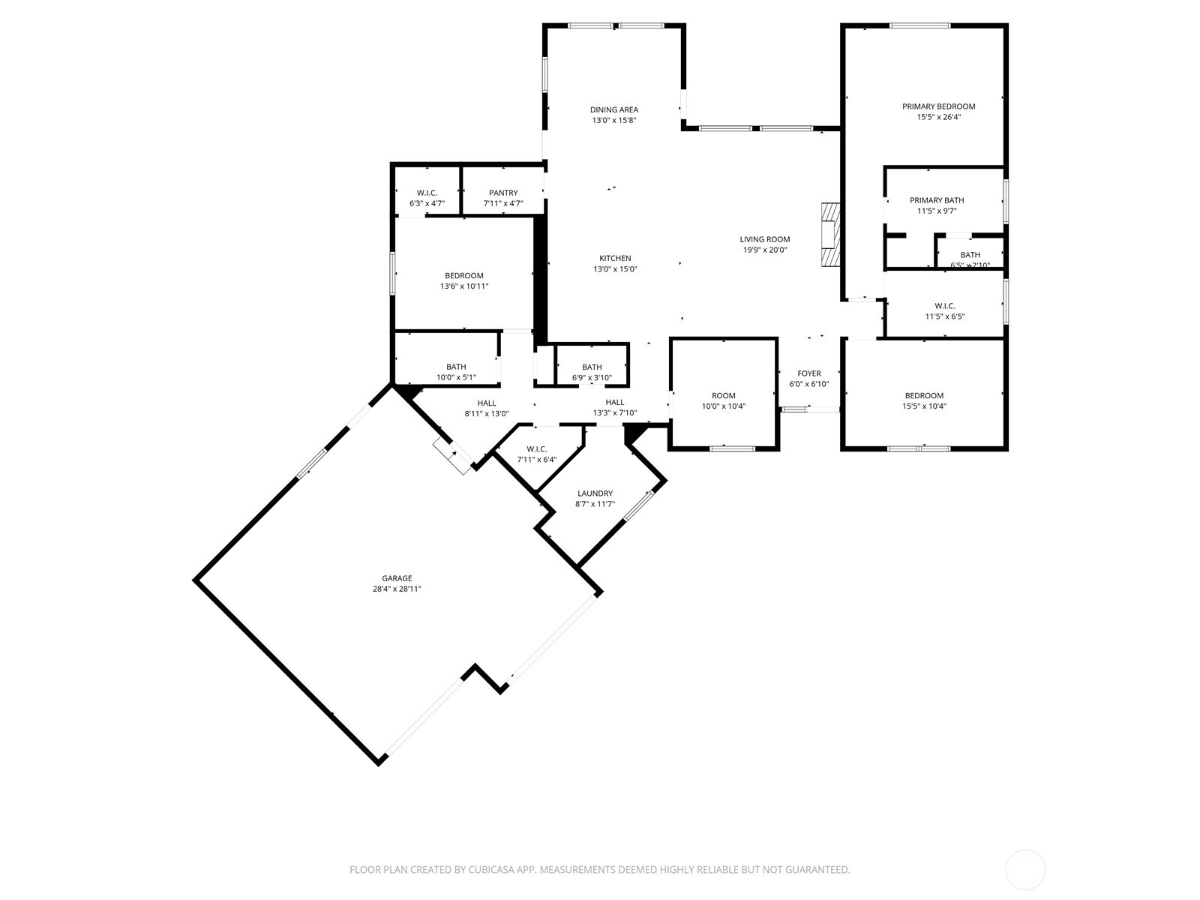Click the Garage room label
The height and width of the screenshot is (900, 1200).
click(397, 578)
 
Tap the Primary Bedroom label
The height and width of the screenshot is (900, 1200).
click(938, 106)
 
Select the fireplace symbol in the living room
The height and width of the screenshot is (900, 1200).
click(829, 235)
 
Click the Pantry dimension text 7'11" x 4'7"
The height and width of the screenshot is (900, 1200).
click(503, 203)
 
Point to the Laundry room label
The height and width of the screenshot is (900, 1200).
click(595, 493)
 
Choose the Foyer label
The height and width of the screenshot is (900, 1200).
click(808, 373)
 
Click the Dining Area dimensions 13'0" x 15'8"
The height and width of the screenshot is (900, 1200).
click(613, 120)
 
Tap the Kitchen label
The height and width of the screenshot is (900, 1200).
click(615, 258)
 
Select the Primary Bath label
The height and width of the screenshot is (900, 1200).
click(937, 200)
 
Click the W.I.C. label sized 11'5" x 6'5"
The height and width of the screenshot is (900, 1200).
click(944, 305)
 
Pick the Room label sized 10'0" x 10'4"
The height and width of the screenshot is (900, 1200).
click(724, 395)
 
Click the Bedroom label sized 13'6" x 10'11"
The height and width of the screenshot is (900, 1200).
click(463, 275)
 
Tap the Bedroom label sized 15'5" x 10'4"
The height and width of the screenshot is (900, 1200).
click(923, 395)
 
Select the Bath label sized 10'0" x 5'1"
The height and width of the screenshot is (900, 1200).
click(456, 367)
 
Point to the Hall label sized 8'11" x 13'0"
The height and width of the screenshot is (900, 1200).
click(487, 403)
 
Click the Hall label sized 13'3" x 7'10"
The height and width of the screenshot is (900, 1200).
click(615, 402)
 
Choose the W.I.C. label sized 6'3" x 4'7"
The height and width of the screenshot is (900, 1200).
click(427, 193)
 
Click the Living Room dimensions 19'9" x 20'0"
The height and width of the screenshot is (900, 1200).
click(765, 250)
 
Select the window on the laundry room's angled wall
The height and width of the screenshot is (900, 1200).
click(639, 505)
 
